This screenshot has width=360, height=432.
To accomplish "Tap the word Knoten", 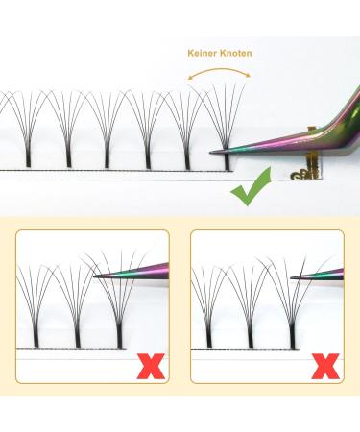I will coord(236,53).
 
